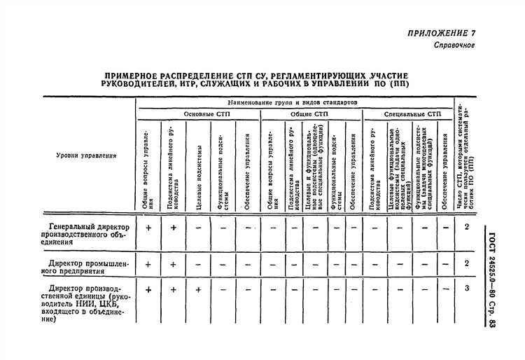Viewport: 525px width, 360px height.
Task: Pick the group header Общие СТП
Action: click(x=309, y=113)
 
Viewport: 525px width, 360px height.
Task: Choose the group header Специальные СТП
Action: click(x=412, y=113)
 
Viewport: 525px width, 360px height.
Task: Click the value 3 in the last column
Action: click(x=467, y=288)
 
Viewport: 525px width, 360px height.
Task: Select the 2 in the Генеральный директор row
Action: click(x=467, y=227)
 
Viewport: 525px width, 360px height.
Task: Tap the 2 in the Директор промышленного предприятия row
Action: click(x=467, y=263)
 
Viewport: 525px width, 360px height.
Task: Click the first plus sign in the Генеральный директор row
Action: click(x=148, y=228)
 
